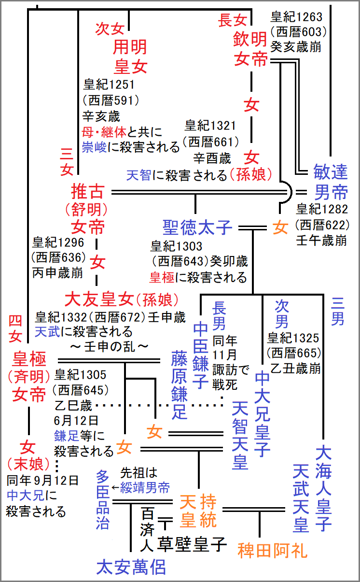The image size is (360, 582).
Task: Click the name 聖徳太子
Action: click(197, 227)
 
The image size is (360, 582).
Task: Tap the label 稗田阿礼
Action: click(272, 550)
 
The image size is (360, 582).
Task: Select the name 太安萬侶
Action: click(131, 566)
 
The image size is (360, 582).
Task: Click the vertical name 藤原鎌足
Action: click(179, 384)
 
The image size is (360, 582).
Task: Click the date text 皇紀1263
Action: click(296, 17)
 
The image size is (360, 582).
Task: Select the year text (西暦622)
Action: click(322, 225)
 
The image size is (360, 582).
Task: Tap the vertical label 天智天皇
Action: click(240, 435)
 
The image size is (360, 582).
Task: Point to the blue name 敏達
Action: click(330, 172)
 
